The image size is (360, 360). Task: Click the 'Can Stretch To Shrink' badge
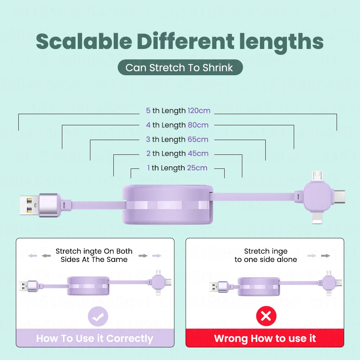tap(180, 67)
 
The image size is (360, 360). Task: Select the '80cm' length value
tap(198, 125)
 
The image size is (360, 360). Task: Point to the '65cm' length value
tap(198, 139)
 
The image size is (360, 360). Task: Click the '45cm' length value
tap(198, 153)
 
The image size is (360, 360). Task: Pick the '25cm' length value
tap(197, 168)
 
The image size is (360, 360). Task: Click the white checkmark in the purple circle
tap(98, 316)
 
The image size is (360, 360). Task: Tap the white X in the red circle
tap(266, 316)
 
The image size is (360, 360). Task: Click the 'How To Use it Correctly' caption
tap(95, 338)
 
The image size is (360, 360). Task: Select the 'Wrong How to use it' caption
tap(265, 338)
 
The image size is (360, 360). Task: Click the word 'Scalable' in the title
tap(84, 41)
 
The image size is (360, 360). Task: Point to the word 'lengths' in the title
tap(280, 41)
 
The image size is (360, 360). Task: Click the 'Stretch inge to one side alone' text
tap(266, 255)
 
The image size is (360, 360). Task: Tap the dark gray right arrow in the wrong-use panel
tap(326, 256)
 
